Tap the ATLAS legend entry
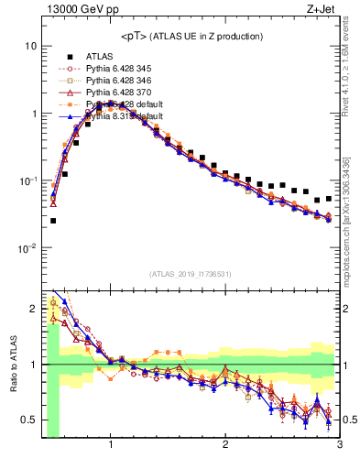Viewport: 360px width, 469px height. pos(100,56)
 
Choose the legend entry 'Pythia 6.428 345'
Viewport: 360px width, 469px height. pos(123,69)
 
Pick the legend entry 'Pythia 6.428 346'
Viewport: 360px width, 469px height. pos(123,81)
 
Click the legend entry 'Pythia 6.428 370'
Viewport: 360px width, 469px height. pos(123,93)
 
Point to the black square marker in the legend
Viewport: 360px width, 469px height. pos(65,56)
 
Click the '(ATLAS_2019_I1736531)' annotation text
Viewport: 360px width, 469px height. pos(191,273)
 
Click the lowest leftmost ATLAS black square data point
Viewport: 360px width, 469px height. pos(53,221)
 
